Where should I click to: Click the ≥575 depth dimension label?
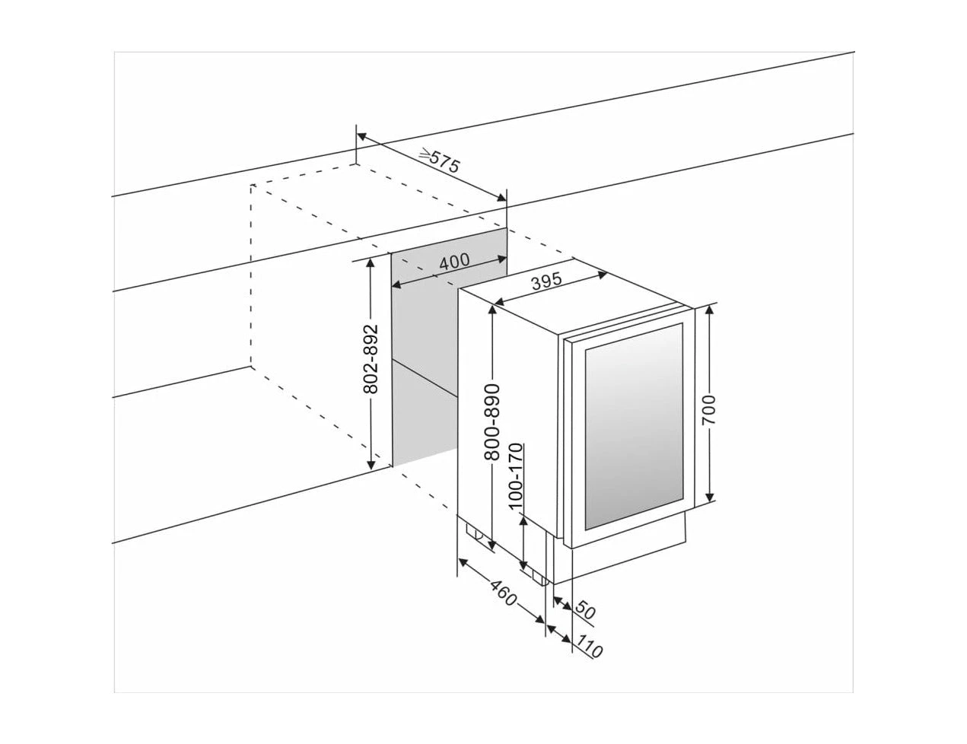click(x=440, y=161)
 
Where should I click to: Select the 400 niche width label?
click(x=454, y=261)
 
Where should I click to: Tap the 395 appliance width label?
click(x=546, y=282)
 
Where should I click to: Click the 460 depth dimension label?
click(x=502, y=594)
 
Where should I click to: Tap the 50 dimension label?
click(x=584, y=609)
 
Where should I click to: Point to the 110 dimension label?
click(x=589, y=648)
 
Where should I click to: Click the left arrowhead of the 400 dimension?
click(x=396, y=285)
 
